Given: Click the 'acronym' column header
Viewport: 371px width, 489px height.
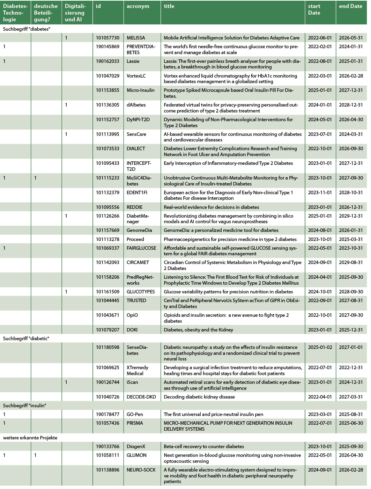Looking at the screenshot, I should click(138, 6).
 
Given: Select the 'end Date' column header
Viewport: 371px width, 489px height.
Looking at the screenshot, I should click(350, 6).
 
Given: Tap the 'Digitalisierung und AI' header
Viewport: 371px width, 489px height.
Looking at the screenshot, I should click(75, 13).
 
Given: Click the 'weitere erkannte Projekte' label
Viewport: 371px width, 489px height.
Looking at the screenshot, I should click(30, 438).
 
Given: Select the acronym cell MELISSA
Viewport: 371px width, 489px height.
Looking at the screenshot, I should click(136, 38).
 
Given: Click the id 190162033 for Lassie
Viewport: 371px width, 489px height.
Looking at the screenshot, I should click(107, 61).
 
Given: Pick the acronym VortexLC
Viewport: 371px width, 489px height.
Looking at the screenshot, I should click(136, 76).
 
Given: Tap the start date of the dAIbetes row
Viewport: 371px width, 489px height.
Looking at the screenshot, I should click(320, 105).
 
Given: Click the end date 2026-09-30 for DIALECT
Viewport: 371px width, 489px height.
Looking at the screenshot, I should click(351, 148).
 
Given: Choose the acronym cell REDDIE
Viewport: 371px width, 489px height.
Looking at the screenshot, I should click(134, 207).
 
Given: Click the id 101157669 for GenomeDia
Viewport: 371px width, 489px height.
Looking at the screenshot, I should click(107, 230).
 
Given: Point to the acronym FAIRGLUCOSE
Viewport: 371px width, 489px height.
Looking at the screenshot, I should click(141, 248).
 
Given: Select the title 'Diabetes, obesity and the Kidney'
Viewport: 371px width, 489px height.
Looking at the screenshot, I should click(198, 330).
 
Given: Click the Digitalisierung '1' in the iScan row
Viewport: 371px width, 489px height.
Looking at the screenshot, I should click(66, 382).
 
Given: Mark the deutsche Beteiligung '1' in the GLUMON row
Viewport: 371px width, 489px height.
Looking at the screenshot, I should click(35, 455).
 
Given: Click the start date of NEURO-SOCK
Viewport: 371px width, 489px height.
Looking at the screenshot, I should click(320, 470).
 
